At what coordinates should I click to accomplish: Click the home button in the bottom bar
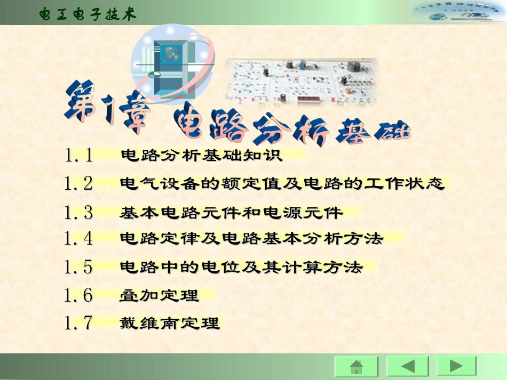[x=356, y=367]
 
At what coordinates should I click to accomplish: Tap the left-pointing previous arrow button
[x=407, y=367]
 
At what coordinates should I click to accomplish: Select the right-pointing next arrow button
[x=456, y=367]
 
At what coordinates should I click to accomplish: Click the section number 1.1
[x=78, y=156]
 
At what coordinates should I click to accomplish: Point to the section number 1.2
[x=78, y=184]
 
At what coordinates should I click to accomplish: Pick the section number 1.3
[x=78, y=213]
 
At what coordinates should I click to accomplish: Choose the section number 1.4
[x=78, y=238]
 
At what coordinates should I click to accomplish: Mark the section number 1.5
[x=78, y=266]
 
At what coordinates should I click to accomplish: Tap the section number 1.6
[x=78, y=295]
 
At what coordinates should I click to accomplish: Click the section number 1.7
[x=78, y=323]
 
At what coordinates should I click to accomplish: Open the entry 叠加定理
[x=159, y=295]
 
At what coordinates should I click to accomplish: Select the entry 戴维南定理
[x=170, y=323]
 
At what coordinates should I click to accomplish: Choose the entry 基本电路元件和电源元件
[x=231, y=213]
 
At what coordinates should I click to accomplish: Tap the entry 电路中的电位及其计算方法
[x=241, y=266]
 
